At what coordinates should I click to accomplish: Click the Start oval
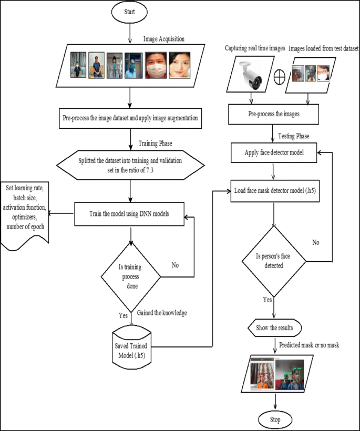[129, 13]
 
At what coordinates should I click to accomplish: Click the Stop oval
[275, 419]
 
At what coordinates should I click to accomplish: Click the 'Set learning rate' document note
[25, 212]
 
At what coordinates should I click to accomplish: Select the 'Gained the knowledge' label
[162, 313]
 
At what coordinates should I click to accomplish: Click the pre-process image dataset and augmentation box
[129, 119]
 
